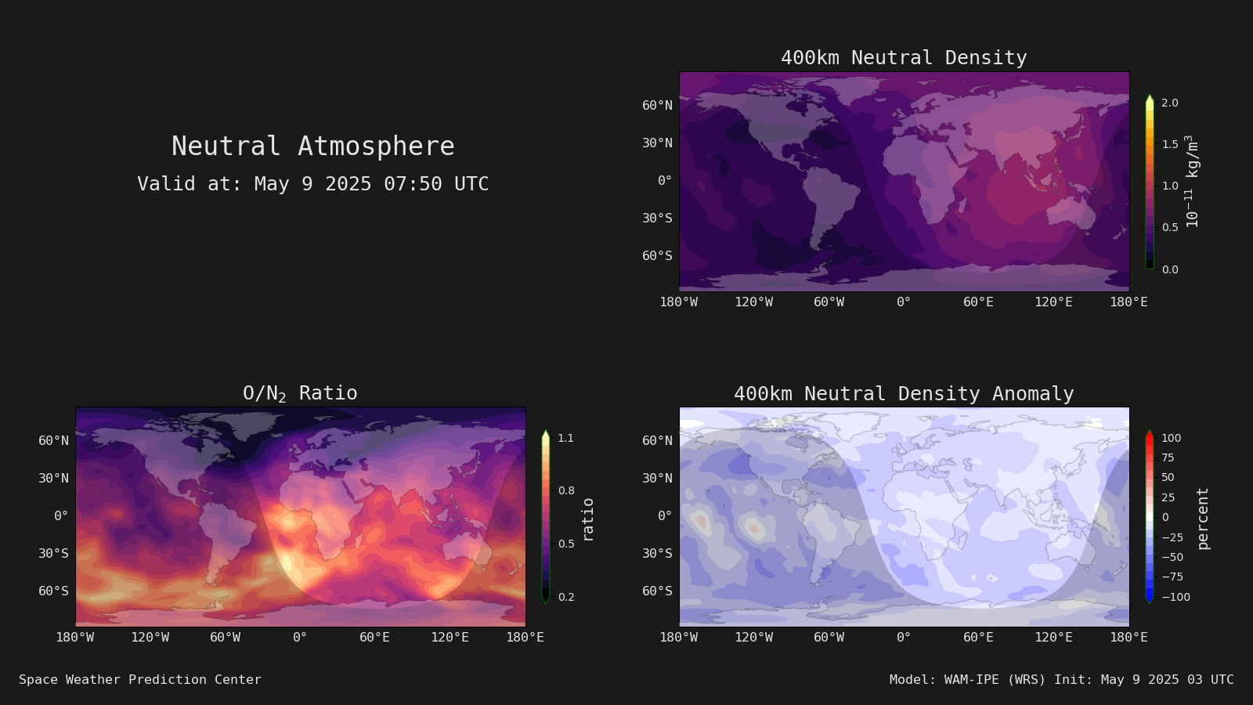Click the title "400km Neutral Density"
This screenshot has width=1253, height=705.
904,58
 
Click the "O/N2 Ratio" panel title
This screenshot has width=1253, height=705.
300,393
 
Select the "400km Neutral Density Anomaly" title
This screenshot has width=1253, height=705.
904,394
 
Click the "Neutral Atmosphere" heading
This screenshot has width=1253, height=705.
312,146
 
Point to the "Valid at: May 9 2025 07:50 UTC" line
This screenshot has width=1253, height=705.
312,183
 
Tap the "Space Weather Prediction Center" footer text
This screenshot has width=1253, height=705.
140,679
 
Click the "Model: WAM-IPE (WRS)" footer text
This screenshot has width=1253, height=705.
967,679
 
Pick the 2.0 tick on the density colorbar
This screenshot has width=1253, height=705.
1170,103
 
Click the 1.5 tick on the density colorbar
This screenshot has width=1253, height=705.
1170,144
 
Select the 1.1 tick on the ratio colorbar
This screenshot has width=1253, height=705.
565,438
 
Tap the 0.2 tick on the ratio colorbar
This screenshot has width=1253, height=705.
566,597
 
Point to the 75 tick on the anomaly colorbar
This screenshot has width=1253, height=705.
1168,457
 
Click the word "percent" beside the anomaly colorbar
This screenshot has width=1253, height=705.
1202,519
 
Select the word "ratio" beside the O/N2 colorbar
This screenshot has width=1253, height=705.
587,520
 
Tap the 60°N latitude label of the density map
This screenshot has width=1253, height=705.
657,105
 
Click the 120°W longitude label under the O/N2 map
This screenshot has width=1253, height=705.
150,638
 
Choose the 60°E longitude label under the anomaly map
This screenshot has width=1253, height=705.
978,638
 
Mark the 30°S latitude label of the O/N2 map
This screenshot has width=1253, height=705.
54,553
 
